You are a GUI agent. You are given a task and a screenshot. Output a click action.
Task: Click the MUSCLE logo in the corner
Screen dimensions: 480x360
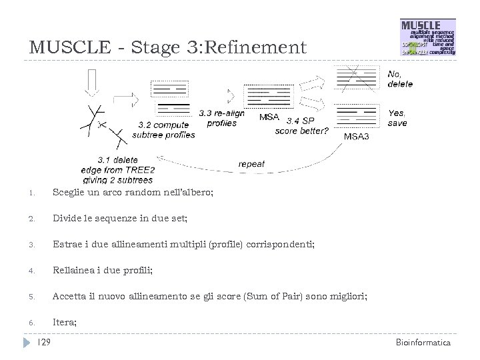click(x=427, y=38)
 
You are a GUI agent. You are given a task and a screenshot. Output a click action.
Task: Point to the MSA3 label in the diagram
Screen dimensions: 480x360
click(x=359, y=136)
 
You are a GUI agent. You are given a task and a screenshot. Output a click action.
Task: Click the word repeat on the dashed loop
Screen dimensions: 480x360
click(x=251, y=164)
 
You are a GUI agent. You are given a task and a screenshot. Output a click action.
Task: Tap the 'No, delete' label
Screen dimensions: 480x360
click(x=400, y=79)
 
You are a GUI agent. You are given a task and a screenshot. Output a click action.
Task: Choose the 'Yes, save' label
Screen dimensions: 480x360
click(x=397, y=118)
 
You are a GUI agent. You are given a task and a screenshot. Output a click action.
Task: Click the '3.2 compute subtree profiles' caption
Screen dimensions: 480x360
click(x=163, y=129)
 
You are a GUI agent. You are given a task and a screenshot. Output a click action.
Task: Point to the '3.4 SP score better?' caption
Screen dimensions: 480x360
click(x=301, y=125)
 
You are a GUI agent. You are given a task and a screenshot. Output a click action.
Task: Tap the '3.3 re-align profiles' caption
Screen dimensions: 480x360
click(x=221, y=118)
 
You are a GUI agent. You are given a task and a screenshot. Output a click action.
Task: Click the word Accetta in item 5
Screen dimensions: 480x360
click(x=69, y=296)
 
